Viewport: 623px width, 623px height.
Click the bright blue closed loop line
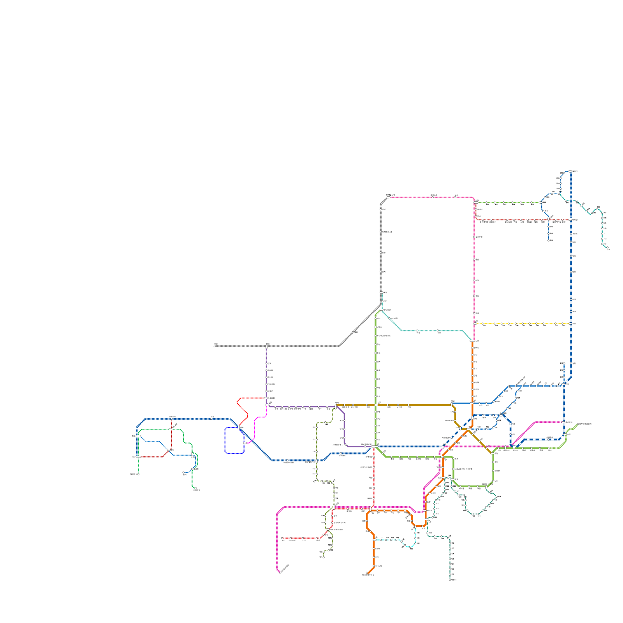point(225,440)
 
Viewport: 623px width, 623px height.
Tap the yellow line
point(522,324)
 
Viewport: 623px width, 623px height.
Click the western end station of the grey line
point(215,346)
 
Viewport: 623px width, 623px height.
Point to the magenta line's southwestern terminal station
point(280,572)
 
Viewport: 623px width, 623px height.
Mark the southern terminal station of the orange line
point(367,573)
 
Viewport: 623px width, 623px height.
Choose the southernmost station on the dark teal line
point(450,579)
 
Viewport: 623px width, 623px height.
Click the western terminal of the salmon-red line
point(282,538)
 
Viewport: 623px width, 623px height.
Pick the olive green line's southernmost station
point(323,557)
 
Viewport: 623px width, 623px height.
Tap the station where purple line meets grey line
point(267,346)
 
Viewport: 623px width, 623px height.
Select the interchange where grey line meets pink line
point(388,197)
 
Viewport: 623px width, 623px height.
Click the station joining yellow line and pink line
point(474,324)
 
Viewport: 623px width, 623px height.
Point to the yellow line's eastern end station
point(570,324)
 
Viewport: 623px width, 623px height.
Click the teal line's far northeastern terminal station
point(608,248)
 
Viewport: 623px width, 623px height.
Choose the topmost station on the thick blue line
point(570,171)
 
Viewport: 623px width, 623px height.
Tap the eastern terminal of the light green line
point(578,424)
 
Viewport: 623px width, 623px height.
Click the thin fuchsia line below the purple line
point(255,428)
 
